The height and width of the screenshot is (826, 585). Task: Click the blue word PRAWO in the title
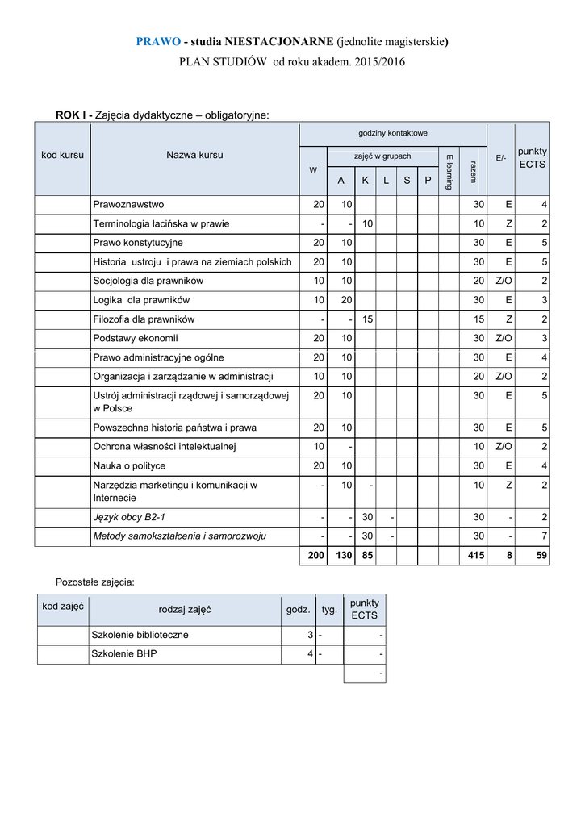pos(157,41)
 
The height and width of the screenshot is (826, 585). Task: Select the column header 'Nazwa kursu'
pos(194,155)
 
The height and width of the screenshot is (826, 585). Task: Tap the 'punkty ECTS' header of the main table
pos(532,157)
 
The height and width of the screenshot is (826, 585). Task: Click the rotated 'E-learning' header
pos(449,171)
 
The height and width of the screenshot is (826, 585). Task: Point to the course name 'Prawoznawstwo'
pos(128,204)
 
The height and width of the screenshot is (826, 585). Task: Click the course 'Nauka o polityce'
pos(129,465)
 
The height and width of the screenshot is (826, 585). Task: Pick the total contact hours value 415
pos(475,556)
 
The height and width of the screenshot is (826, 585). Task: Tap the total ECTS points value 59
pos(541,556)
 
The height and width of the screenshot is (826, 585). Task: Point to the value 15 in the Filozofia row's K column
pos(367,319)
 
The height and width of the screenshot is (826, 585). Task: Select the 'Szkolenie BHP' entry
pos(124,654)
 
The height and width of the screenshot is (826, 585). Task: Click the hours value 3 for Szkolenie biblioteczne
pos(310,635)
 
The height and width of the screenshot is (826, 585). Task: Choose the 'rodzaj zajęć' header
pos(185,610)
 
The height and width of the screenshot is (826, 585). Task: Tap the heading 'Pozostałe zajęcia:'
pos(94,581)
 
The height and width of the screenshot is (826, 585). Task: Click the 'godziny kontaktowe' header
pos(392,133)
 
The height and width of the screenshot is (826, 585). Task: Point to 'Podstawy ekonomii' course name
pos(135,338)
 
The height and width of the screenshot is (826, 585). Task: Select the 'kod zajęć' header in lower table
pos(63,606)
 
